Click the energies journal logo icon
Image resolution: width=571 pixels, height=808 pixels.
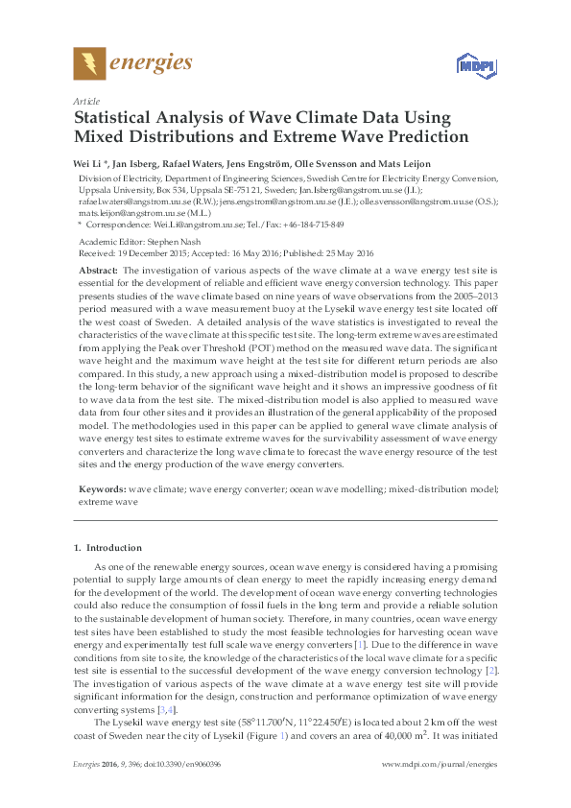click(89, 63)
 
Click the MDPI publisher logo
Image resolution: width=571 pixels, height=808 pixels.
click(467, 64)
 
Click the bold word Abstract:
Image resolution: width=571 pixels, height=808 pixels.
click(99, 273)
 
